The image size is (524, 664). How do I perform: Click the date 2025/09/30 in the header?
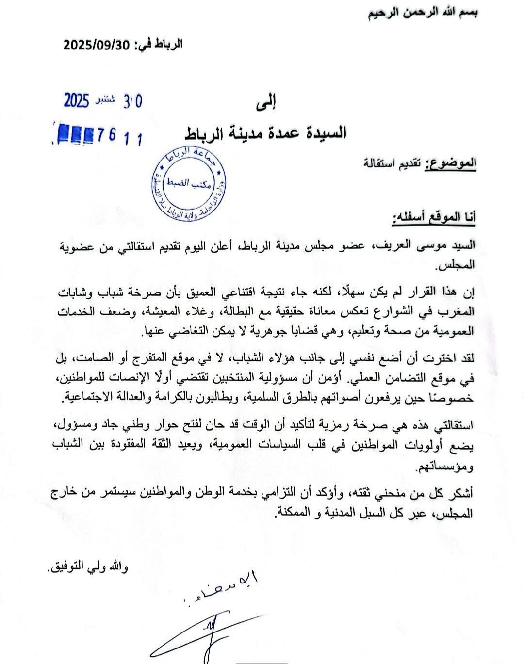click(x=97, y=45)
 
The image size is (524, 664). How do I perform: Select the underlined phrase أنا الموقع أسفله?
click(x=434, y=218)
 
